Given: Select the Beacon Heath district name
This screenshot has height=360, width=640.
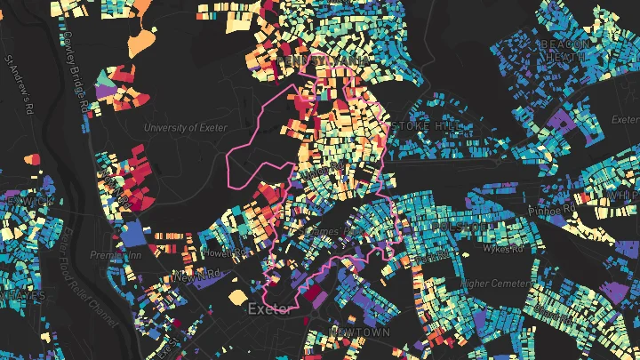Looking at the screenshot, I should point(565,50).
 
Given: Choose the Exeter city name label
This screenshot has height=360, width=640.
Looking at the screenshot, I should point(272,309).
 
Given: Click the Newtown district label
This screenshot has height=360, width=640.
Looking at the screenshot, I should point(360,332).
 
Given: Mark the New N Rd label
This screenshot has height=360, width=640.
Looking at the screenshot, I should point(195,277).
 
